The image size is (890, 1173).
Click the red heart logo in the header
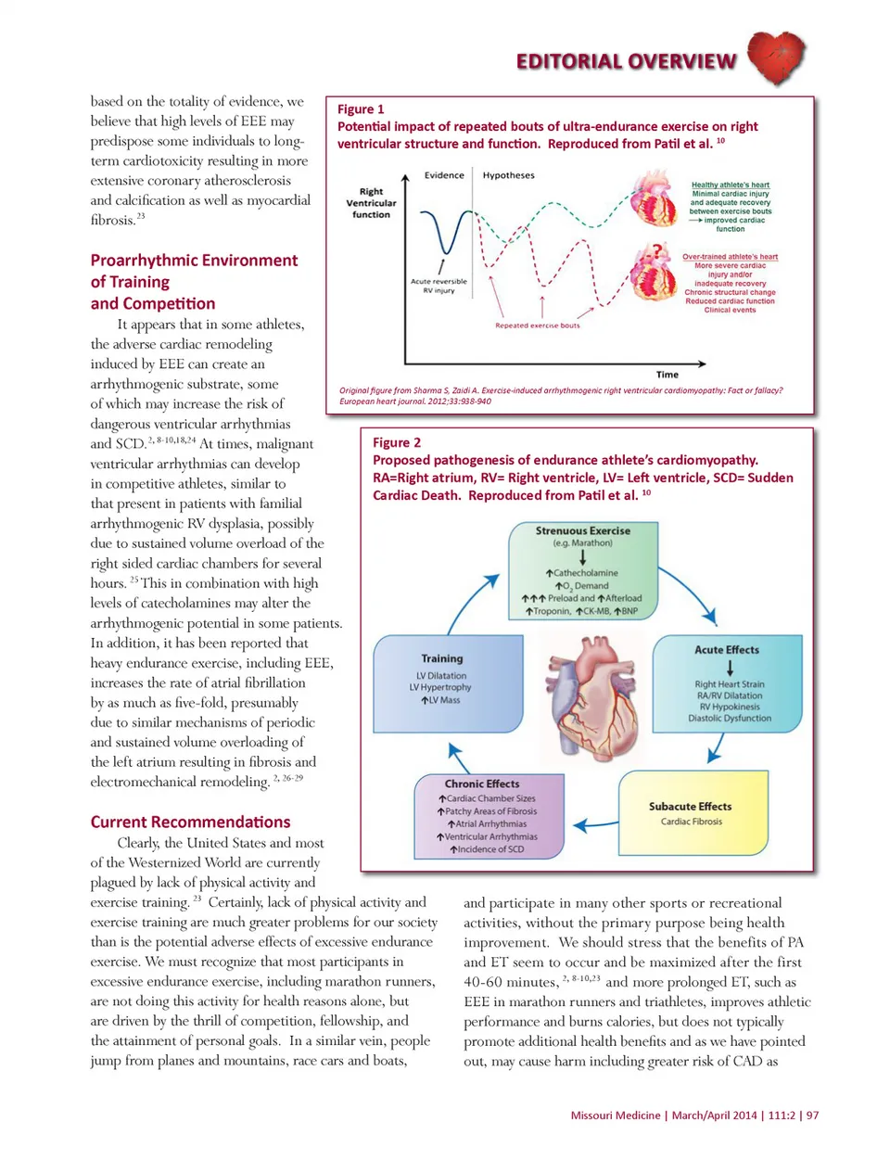tap(775, 57)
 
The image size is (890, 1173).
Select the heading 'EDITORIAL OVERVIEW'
tap(627, 62)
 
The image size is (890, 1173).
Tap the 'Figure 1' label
tap(361, 109)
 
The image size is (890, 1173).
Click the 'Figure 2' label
tap(397, 443)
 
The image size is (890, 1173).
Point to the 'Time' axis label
tap(667, 375)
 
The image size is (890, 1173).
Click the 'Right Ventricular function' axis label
tap(371, 203)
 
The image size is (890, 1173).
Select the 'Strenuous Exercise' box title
tap(582, 531)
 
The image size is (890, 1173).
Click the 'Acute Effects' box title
tap(727, 650)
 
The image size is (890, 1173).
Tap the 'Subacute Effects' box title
tap(690, 807)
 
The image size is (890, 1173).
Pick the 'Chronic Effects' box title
tap(482, 784)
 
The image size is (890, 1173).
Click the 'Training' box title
tap(442, 658)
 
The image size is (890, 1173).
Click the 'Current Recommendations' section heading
tap(190, 822)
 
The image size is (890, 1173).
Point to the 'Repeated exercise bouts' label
tap(538, 325)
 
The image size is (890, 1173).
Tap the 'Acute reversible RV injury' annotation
tap(439, 286)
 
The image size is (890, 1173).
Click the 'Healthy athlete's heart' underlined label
tap(730, 185)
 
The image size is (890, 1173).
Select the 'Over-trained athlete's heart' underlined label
tap(730, 257)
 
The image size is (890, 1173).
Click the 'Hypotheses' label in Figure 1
tap(508, 175)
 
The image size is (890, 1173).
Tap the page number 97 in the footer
tap(812, 1116)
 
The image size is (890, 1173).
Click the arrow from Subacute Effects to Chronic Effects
tap(595, 823)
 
